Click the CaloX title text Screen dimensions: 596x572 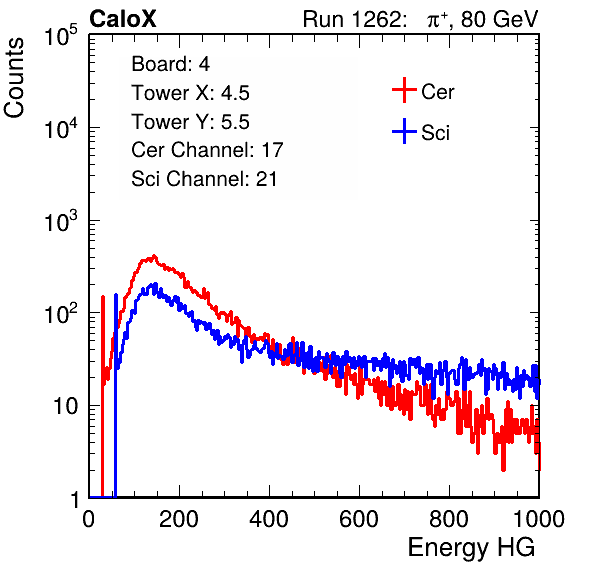point(123,19)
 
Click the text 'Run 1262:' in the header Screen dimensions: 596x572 point(352,19)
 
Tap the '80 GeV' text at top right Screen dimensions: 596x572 point(499,19)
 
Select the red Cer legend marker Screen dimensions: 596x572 point(404,90)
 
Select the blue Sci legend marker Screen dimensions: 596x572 point(404,131)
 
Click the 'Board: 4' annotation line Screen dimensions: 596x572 point(170,64)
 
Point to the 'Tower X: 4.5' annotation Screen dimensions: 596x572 point(190,93)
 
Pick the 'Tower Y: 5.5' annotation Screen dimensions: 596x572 point(190,122)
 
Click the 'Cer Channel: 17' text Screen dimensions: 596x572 point(207,150)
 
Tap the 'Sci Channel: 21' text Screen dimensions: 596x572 point(204,179)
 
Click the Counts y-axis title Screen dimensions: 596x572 point(14,78)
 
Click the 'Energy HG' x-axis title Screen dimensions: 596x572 point(471,548)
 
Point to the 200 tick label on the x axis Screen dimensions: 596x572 point(179,519)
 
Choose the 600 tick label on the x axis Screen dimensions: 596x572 point(359,519)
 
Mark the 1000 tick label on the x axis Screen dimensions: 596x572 point(539,519)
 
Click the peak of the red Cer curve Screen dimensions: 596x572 point(154,256)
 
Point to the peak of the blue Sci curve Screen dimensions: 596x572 point(155,284)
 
